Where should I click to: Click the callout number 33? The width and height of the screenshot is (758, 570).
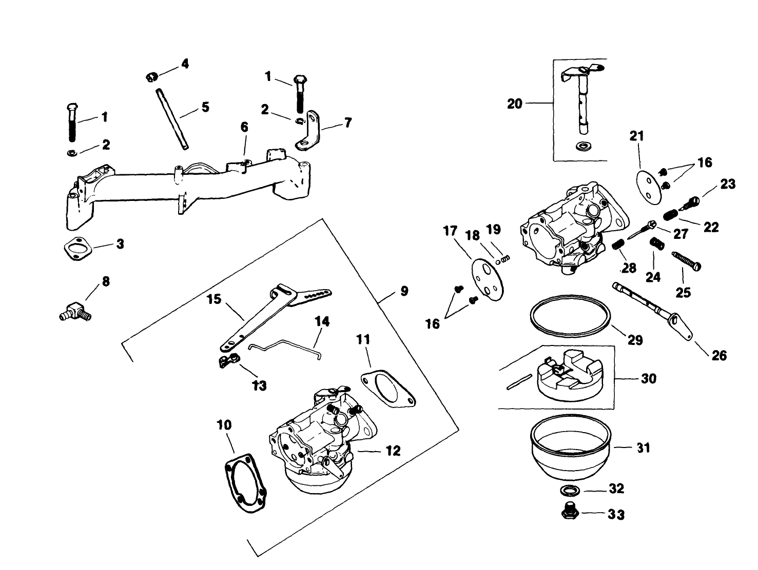coord(616,514)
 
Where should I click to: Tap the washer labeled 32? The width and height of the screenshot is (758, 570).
coord(568,491)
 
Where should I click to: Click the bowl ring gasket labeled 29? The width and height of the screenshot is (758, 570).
coord(570,316)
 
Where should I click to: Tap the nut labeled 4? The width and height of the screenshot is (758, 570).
coord(151,77)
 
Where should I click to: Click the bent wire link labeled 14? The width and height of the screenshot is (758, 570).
coord(285,348)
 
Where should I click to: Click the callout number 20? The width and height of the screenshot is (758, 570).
coord(514,104)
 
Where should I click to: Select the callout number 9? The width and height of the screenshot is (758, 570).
coord(404,291)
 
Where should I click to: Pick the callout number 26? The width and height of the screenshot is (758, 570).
coord(719,355)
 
